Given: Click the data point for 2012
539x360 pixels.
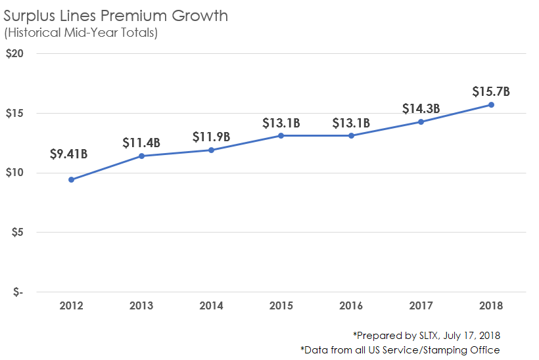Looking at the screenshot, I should pos(71,179).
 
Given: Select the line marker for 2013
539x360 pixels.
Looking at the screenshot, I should pos(141,156).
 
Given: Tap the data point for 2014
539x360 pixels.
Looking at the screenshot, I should pos(211,150).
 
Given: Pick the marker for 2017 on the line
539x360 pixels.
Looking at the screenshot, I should pos(421,122).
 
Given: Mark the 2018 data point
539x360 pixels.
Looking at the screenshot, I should pos(491,104).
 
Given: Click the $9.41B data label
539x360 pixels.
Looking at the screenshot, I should pos(68,154).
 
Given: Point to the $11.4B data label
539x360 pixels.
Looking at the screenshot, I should pos(141,143).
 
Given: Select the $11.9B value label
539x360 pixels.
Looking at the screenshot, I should pos(212,137).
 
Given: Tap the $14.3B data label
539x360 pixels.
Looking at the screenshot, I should pos(421,108).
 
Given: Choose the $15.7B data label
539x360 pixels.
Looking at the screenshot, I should pos(491,91).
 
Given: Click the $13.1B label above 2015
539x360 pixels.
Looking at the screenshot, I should pos(281,123).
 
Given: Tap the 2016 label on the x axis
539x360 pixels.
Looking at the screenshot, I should pos(351,305).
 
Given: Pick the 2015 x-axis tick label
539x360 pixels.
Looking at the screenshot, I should pos(281,305).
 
